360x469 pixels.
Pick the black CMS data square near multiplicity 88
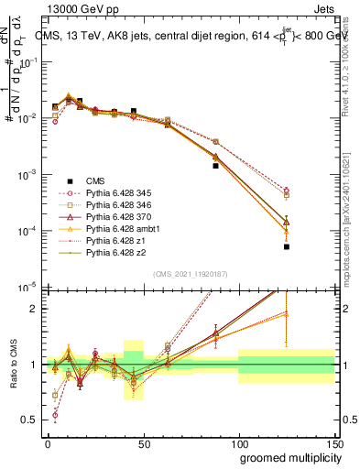click(215, 166)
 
